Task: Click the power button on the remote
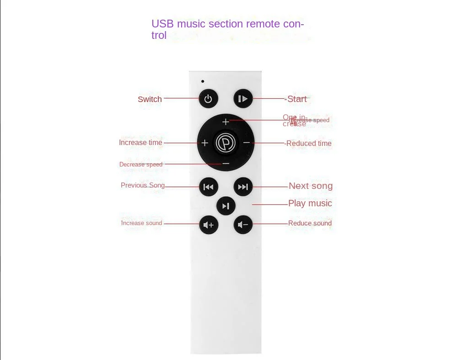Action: [208, 99]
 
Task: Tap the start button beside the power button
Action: [243, 99]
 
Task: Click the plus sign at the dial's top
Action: [226, 122]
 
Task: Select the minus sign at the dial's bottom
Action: [226, 163]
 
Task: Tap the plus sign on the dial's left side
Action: [204, 143]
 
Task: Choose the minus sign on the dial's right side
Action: [247, 143]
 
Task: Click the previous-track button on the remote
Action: [208, 187]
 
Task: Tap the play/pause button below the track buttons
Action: [226, 206]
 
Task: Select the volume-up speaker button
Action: [208, 225]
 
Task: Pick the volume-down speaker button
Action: [243, 225]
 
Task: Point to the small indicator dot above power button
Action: [203, 81]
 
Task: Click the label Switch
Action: [150, 99]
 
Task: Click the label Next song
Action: [311, 186]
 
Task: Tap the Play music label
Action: [310, 203]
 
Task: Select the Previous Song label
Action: [143, 185]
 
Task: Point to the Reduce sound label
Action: [310, 223]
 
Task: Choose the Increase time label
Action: [140, 143]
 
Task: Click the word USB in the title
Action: [162, 24]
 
